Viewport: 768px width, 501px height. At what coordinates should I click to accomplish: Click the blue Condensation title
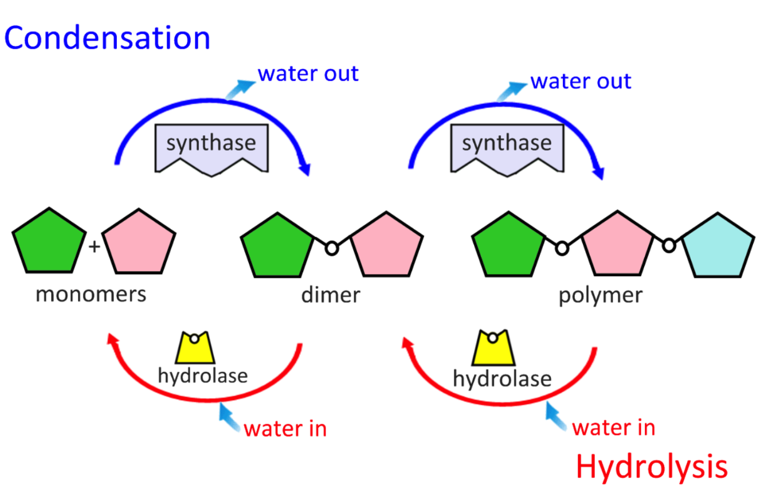[107, 38]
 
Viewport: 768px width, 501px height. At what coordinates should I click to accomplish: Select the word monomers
[91, 295]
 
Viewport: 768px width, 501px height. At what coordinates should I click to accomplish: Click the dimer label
[331, 295]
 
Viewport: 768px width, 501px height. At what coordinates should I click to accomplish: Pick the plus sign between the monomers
[95, 247]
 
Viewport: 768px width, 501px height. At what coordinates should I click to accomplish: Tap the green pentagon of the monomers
[49, 243]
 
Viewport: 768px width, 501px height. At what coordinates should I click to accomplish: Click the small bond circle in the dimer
[331, 248]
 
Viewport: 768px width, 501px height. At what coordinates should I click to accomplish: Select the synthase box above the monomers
[211, 147]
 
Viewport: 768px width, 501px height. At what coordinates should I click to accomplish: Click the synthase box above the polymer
[507, 147]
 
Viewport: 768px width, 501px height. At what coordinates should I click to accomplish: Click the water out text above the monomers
[308, 74]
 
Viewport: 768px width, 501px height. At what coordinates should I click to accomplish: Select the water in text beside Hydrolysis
[614, 428]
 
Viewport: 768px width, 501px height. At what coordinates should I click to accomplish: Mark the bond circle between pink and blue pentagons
[668, 245]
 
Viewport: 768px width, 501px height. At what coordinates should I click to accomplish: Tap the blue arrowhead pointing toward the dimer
[305, 170]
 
